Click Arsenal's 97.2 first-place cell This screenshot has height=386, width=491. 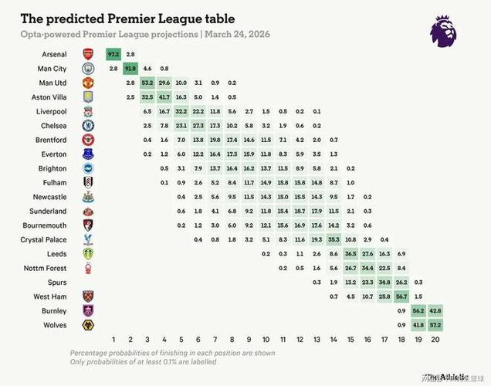114,54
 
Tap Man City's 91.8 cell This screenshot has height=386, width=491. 130,68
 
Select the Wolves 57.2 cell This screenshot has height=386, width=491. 435,325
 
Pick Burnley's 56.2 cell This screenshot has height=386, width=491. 418,310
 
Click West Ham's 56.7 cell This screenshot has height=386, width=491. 401,296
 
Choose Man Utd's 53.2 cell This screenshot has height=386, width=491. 147,83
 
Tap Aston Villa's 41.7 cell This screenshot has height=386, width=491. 164,96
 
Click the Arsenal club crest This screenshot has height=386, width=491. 88,54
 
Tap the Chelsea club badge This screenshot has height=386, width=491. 88,125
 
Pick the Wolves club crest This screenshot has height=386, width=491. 88,325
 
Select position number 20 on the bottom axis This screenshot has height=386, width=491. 435,340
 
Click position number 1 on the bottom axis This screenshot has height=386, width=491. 114,340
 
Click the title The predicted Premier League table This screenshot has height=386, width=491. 127,17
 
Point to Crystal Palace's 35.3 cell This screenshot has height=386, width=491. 334,239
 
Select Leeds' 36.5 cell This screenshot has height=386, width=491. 350,254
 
